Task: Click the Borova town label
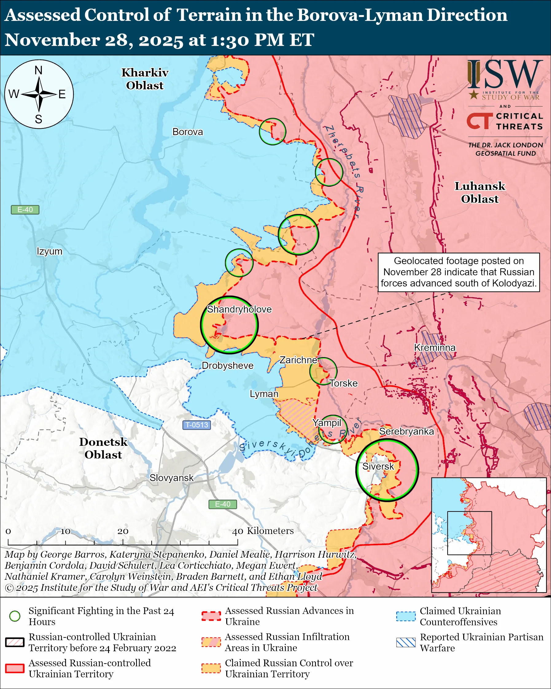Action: [x=188, y=132]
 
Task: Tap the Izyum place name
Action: [x=49, y=251]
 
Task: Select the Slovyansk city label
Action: [x=172, y=478]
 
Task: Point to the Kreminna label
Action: [x=435, y=347]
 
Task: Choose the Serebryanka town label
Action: [x=406, y=431]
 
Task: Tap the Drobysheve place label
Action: [x=227, y=365]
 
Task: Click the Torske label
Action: [x=343, y=383]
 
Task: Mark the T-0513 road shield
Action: [x=197, y=425]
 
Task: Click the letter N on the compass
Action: [x=39, y=70]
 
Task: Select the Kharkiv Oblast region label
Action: [x=145, y=79]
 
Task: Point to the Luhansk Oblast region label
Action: [x=480, y=193]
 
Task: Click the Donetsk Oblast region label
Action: [x=103, y=448]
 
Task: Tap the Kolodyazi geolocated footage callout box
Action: [x=459, y=272]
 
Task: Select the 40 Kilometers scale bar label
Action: [x=262, y=531]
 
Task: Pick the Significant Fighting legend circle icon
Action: [x=15, y=616]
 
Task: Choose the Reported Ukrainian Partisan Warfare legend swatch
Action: [x=406, y=642]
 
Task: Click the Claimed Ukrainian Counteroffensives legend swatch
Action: [x=406, y=616]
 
